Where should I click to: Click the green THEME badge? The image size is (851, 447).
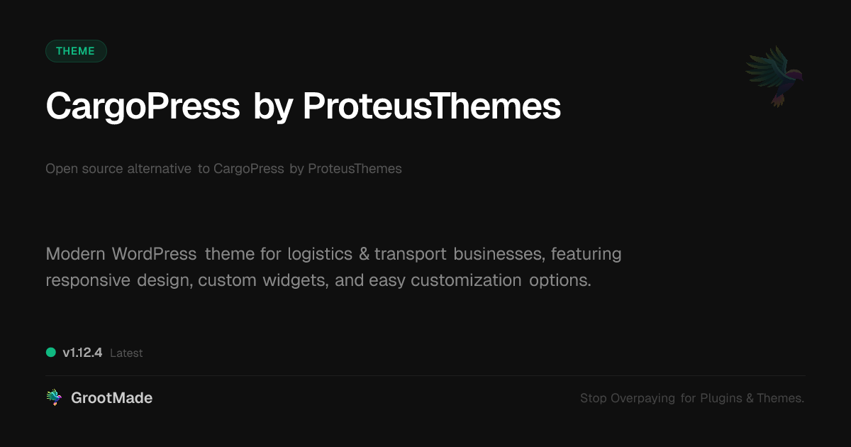(x=76, y=51)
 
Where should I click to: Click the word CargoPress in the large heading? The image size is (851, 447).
(x=143, y=107)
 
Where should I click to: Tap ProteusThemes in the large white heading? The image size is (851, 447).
(x=432, y=106)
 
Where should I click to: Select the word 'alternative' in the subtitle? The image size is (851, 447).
(x=159, y=168)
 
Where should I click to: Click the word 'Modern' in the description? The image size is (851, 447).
(x=75, y=254)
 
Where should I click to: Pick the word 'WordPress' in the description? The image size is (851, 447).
(x=154, y=254)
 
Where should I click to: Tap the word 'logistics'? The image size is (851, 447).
(x=320, y=254)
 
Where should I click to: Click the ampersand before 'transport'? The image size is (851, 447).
(x=364, y=254)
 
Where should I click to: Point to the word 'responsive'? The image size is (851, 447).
(x=88, y=281)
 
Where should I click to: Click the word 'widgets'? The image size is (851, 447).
(x=295, y=280)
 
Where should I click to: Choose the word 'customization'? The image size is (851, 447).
(x=466, y=280)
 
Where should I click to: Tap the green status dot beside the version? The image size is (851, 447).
(x=51, y=353)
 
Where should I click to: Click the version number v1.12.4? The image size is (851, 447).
(x=82, y=353)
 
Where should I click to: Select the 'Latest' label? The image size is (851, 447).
(x=126, y=353)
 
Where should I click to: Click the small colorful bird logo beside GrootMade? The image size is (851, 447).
(x=54, y=397)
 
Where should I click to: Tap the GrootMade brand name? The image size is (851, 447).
(x=112, y=398)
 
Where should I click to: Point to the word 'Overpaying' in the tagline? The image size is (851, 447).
(x=643, y=398)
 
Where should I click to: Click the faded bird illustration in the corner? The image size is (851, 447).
(x=774, y=77)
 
